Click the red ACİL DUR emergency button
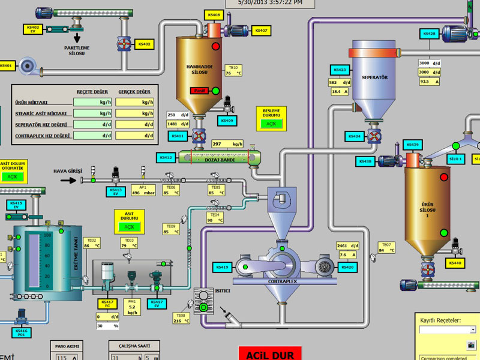[269, 353]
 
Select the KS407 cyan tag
[261, 31]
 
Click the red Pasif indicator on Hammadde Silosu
[199, 91]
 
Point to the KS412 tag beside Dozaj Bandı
[166, 158]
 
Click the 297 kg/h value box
[227, 144]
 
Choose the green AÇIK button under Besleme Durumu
[271, 124]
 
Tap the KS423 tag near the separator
[339, 70]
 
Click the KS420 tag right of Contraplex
[347, 266]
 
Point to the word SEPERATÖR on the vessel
[375, 77]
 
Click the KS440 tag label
[454, 263]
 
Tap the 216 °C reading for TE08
[182, 322]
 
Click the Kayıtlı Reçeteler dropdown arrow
[473, 329]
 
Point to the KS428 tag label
[429, 34]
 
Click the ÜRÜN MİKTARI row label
[32, 103]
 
